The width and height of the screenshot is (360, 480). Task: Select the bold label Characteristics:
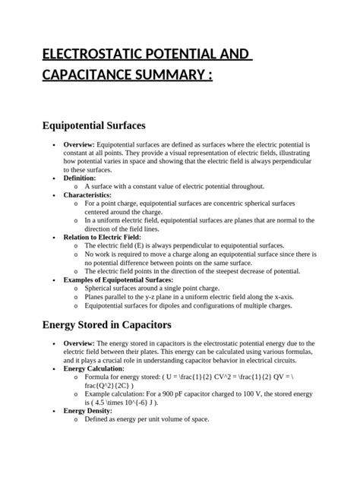click(x=88, y=195)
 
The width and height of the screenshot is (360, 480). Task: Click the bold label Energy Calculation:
click(x=93, y=368)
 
